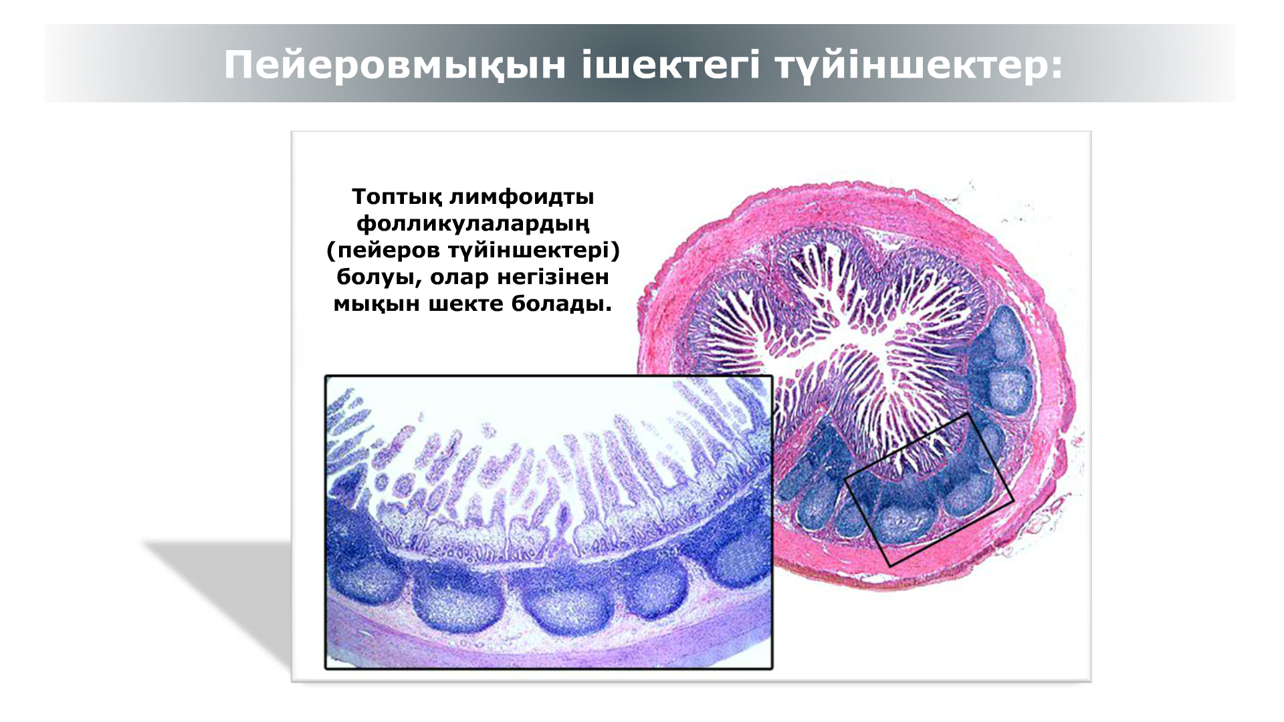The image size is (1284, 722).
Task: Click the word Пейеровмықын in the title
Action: click(x=395, y=66)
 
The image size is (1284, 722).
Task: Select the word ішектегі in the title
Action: click(x=671, y=66)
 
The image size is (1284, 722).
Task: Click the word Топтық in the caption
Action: click(x=397, y=197)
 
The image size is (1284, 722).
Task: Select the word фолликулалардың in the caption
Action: click(x=473, y=224)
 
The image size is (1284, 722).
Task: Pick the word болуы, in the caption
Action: click(x=379, y=277)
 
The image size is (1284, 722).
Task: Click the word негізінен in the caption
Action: click(x=553, y=277)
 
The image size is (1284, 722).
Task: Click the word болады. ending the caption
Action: click(x=562, y=304)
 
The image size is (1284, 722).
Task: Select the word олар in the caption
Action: click(x=459, y=277)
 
